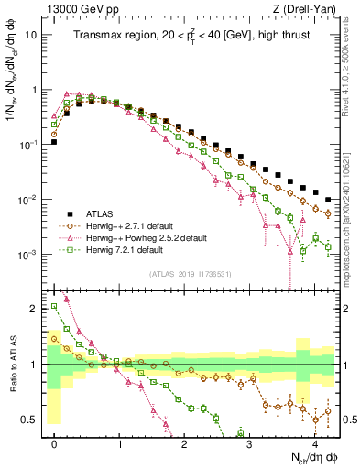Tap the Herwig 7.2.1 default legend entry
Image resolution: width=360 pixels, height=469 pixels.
tap(125, 249)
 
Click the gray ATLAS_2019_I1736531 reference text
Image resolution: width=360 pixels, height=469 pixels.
tap(190, 274)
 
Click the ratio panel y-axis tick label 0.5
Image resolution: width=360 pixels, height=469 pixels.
tap(29, 420)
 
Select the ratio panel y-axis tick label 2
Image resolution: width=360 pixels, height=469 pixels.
tap(34, 309)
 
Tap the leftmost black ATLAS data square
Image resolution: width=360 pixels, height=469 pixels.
tap(55, 142)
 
